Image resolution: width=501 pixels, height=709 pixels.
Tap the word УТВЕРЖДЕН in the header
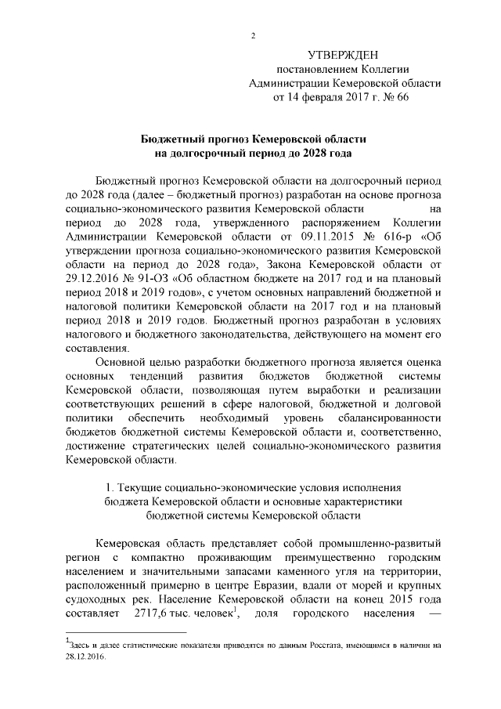point(342,55)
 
